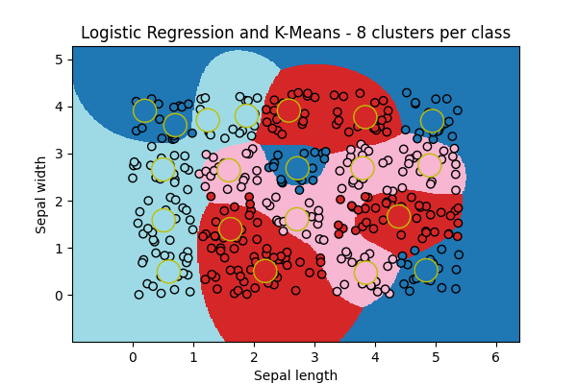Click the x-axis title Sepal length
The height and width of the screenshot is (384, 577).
295,375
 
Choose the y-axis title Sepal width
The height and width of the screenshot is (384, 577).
41,194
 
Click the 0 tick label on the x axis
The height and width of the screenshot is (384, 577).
133,356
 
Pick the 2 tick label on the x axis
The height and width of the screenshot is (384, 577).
254,356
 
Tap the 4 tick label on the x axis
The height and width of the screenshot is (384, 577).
375,356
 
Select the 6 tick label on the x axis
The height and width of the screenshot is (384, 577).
495,356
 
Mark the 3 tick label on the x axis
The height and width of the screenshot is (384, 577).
314,356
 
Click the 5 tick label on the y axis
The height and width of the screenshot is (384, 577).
60,60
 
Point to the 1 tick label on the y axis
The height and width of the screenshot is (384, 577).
60,248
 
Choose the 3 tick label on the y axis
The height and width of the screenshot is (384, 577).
60,154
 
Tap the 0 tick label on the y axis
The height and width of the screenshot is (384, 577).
60,296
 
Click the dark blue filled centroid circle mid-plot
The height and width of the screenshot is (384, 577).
298,168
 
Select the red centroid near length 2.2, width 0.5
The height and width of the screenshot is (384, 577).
265,271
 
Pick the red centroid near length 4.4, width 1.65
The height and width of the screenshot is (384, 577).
398,217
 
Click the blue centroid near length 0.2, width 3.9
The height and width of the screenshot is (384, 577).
144,110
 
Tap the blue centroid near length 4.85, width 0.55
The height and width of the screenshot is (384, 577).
426,270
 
